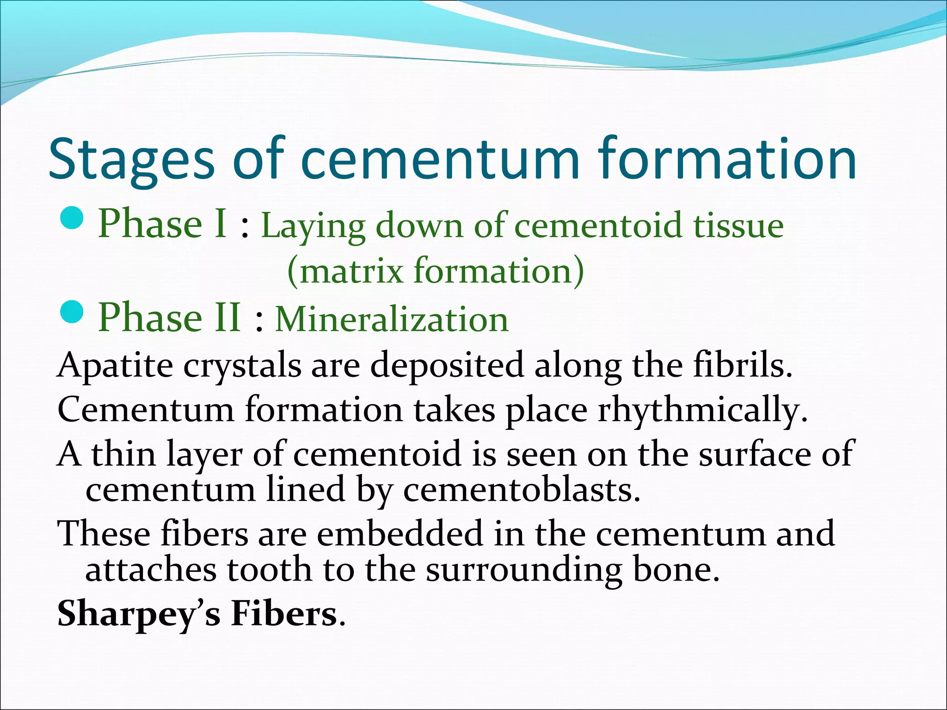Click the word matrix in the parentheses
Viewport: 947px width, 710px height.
pyautogui.click(x=351, y=271)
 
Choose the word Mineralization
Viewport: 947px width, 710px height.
pyautogui.click(x=392, y=319)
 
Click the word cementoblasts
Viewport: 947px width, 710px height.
pyautogui.click(x=522, y=490)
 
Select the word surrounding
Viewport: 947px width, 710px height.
pyautogui.click(x=524, y=570)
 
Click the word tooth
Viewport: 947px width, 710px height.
pyautogui.click(x=269, y=569)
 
